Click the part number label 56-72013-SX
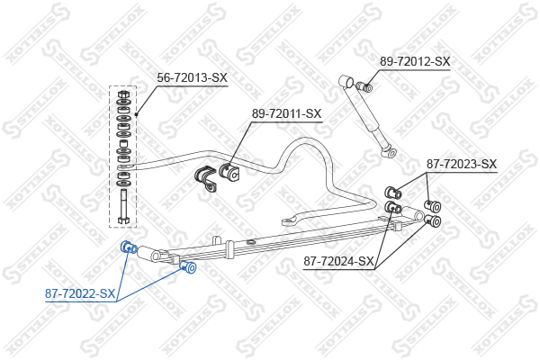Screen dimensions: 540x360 193,78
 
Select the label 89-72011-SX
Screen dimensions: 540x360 286,114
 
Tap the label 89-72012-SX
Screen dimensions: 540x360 415,62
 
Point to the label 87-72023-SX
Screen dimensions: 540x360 462,165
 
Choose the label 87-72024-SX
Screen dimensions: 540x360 338,262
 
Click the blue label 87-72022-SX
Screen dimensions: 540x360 80,294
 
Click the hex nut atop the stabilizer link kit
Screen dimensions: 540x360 123,94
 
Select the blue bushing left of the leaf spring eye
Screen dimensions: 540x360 128,247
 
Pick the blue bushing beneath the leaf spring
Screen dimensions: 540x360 188,267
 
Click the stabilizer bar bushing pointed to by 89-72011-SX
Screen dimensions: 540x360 229,172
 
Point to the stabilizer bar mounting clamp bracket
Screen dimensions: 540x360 206,178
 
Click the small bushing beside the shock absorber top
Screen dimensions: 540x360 364,86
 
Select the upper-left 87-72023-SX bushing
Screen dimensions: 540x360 393,193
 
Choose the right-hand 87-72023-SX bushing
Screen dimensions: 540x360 433,205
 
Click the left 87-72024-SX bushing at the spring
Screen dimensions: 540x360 392,207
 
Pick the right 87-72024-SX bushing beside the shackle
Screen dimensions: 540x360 433,220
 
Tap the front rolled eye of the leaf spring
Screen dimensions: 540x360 150,254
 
